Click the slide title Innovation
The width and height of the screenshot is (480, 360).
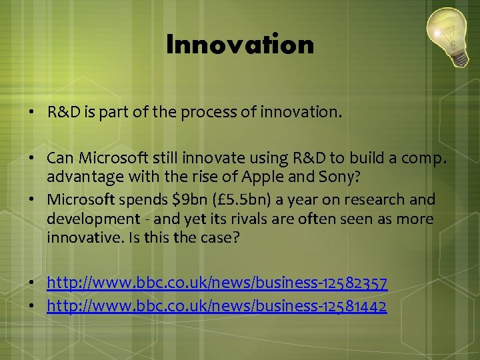[240, 45]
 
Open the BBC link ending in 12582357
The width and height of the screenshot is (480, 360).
[217, 285]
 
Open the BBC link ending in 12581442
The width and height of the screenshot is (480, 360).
[217, 306]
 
